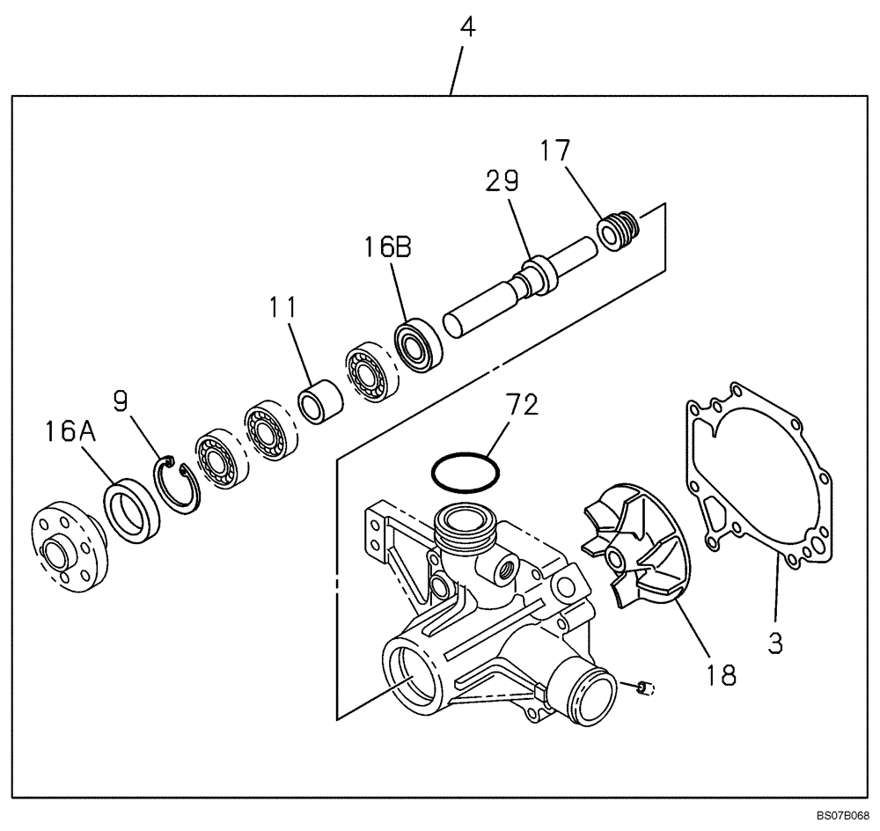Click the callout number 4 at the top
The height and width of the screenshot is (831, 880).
pos(467,27)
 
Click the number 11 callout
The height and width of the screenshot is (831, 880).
pos(283,307)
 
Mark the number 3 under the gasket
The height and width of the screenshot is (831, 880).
pos(774,643)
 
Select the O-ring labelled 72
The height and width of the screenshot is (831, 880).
pos(466,473)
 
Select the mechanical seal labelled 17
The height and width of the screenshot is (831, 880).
pos(616,232)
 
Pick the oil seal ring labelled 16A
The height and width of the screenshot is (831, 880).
pos(132,511)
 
